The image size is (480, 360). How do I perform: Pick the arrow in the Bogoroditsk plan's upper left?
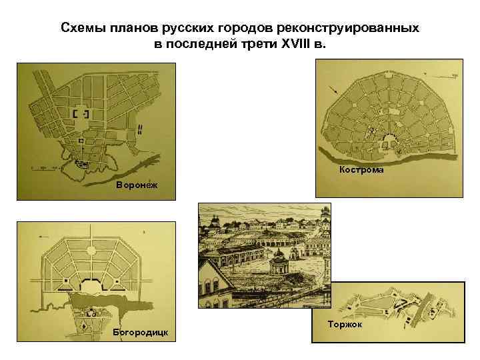[47, 235]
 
